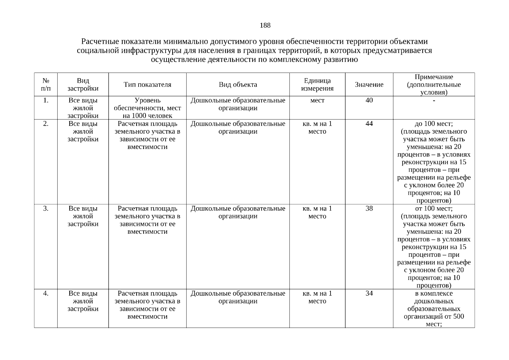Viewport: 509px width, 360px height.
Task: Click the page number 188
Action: [265, 25]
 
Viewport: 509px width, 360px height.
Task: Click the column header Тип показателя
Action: [147, 85]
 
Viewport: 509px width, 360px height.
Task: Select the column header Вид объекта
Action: [238, 85]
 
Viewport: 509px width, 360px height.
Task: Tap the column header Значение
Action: [369, 85]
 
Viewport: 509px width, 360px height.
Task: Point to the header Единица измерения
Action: [317, 85]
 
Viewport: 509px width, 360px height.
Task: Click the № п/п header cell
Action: [46, 85]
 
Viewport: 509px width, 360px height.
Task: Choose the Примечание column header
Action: [434, 85]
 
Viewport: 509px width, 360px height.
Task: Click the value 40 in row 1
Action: [369, 100]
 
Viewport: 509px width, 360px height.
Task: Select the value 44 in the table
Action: [369, 124]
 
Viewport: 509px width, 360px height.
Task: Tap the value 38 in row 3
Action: [369, 208]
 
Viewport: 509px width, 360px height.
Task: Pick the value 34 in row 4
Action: [369, 293]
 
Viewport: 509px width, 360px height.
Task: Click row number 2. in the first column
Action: [46, 124]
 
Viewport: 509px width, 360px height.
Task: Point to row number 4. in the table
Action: [46, 293]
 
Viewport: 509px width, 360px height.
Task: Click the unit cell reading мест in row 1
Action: [317, 100]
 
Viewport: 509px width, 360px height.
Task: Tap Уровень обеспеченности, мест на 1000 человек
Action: [147, 108]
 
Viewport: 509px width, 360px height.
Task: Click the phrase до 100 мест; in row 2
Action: [434, 124]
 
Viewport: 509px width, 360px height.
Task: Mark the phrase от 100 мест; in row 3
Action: [434, 208]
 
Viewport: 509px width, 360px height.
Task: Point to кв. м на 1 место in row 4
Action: [317, 297]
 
